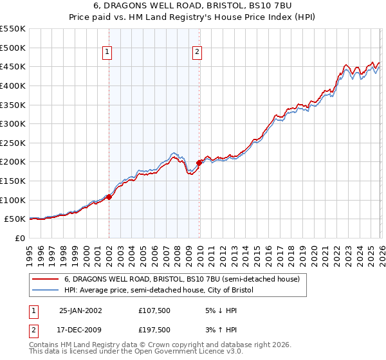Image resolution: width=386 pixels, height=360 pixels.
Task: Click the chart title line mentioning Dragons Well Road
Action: click(x=192, y=6)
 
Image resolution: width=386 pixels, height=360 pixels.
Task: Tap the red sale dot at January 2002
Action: click(x=109, y=197)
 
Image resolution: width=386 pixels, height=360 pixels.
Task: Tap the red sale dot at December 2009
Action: click(x=199, y=163)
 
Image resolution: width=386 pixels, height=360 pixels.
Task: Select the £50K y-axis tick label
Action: click(x=15, y=219)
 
